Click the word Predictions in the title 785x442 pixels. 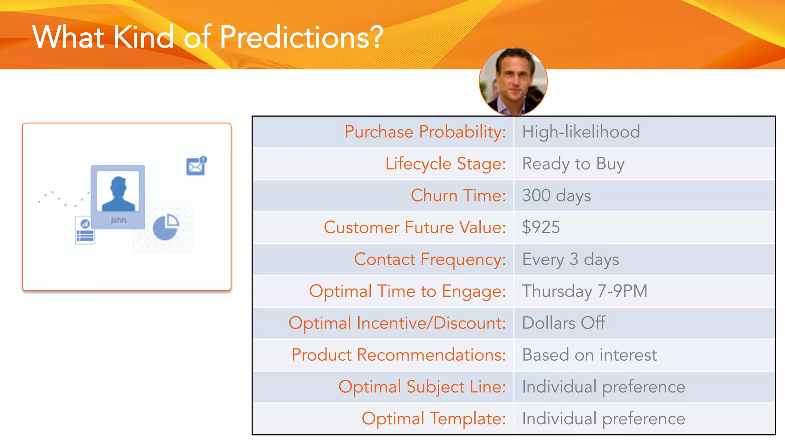(x=301, y=37)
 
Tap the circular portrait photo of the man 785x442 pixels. (x=513, y=82)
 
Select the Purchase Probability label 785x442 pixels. (x=425, y=132)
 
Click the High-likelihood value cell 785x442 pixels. (x=581, y=132)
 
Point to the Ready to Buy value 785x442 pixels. (x=573, y=164)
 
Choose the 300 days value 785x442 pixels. (x=556, y=196)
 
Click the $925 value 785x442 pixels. (x=541, y=228)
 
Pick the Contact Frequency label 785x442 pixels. (x=430, y=259)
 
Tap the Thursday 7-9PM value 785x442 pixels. (x=585, y=291)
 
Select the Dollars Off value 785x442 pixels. (x=563, y=323)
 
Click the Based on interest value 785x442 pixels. (x=589, y=355)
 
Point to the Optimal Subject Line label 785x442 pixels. (x=422, y=387)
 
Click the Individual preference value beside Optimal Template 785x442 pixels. (x=603, y=419)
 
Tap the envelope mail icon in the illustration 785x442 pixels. (x=196, y=167)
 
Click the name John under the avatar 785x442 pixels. (x=118, y=220)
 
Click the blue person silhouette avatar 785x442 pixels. (x=118, y=194)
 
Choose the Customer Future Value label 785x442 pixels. (x=415, y=228)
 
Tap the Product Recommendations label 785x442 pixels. (x=399, y=355)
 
